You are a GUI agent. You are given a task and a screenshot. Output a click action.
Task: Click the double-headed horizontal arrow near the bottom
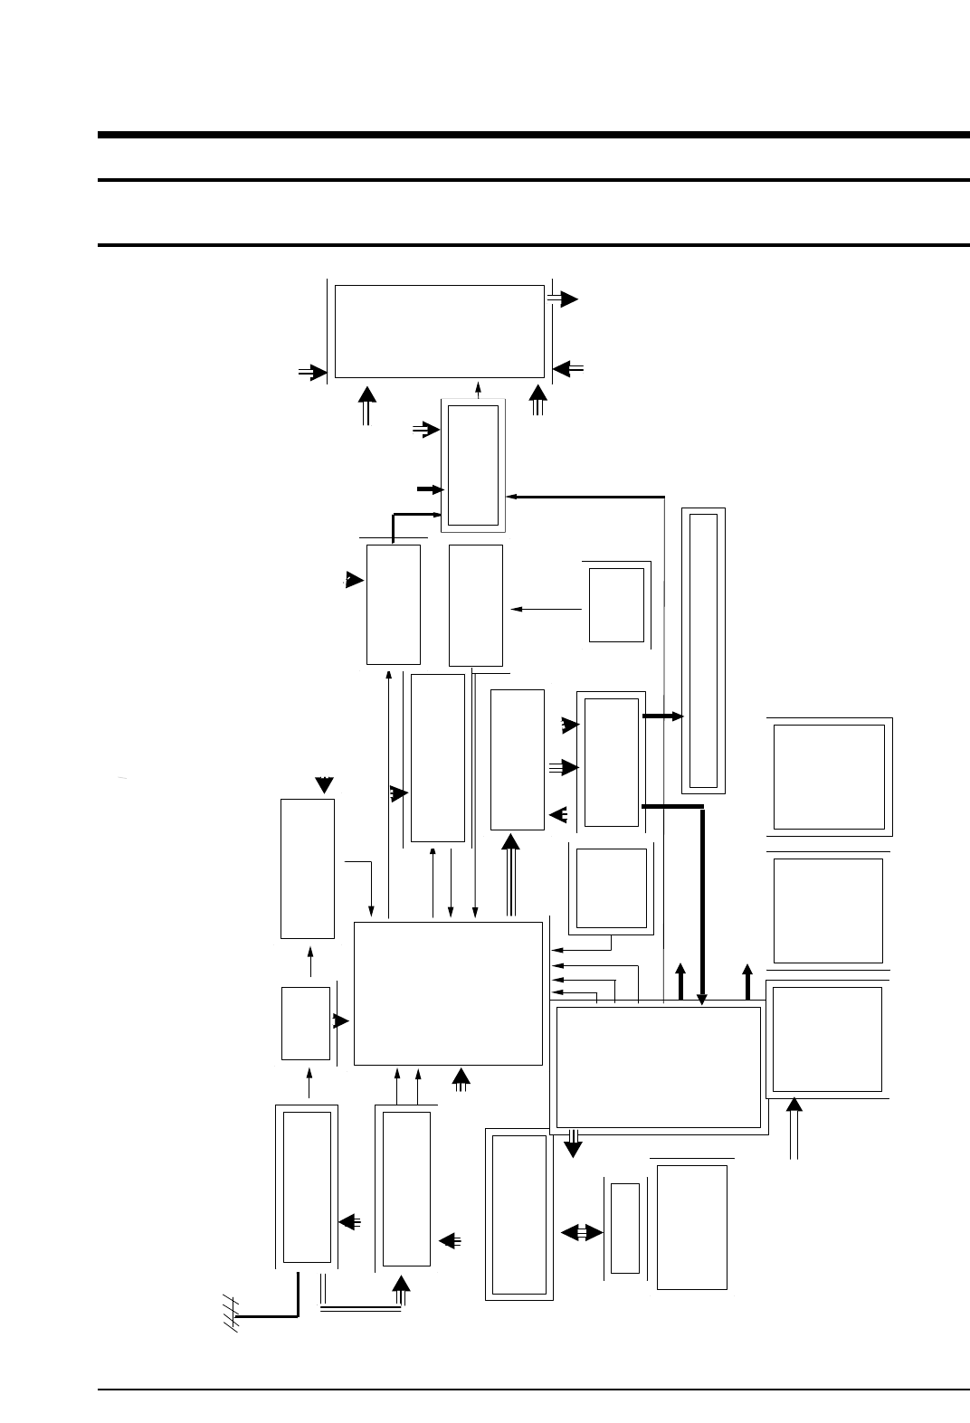[582, 1232]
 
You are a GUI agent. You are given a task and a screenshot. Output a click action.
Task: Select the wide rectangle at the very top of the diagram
[439, 331]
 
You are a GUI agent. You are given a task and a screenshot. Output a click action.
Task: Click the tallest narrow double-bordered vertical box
[703, 650]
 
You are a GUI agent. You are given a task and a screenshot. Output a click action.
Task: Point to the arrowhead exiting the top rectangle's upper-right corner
[567, 299]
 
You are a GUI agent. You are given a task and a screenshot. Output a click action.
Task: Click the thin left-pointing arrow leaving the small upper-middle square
[547, 609]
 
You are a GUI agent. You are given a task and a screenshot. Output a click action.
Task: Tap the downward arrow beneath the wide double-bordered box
[572, 1147]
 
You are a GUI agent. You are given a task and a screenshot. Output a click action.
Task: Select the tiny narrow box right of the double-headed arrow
[625, 1228]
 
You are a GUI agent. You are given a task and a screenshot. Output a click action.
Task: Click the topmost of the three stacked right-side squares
[829, 776]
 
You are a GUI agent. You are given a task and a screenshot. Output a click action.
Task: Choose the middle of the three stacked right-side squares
[828, 910]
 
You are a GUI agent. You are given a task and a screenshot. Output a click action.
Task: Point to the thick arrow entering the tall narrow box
[664, 716]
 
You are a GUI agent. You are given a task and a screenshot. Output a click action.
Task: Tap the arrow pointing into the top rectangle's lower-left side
[313, 371]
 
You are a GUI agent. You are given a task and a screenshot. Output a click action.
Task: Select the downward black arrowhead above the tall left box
[324, 783]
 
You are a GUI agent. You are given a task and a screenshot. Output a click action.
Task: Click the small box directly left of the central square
[306, 1023]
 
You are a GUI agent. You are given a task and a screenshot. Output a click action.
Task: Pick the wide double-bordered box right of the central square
[658, 1067]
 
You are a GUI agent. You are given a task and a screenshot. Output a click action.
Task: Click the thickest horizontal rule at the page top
[534, 136]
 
